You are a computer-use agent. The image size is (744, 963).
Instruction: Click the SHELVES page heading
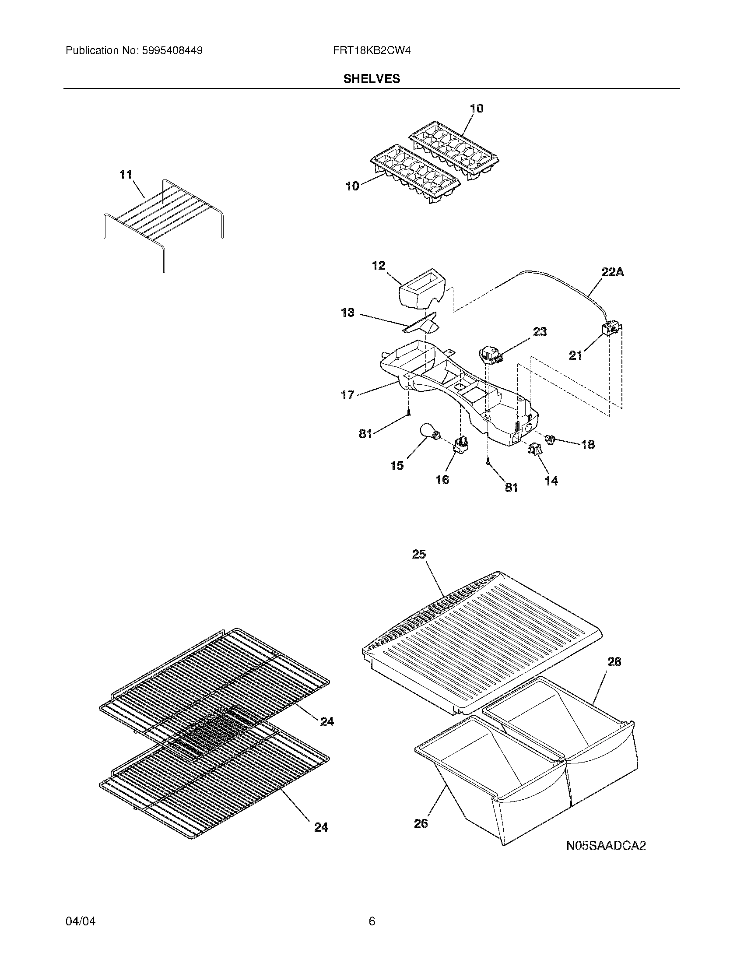[x=372, y=78]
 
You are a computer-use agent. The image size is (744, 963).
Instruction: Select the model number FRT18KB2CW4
[x=372, y=50]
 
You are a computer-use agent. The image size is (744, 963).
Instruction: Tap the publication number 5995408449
[x=172, y=50]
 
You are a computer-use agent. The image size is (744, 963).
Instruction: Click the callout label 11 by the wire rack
[x=126, y=175]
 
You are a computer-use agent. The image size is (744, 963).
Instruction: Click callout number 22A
[x=613, y=273]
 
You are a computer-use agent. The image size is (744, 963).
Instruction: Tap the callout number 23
[x=540, y=331]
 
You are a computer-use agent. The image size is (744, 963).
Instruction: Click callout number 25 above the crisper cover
[x=419, y=554]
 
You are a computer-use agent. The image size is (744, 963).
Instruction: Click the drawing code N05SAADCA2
[x=606, y=846]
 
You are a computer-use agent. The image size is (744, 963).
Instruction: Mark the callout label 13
[x=347, y=313]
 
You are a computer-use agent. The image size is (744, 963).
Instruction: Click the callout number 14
[x=551, y=481]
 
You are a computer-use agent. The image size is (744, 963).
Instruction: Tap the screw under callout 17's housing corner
[x=409, y=413]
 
